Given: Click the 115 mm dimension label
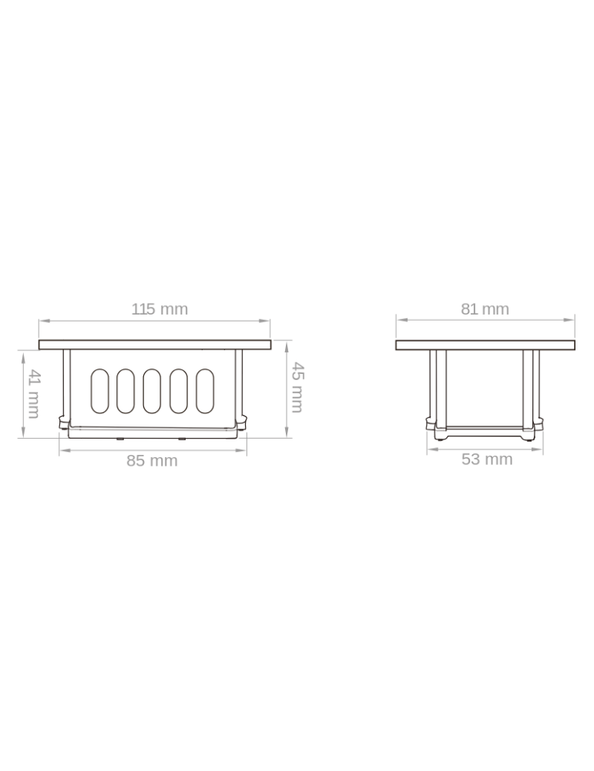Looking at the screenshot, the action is [x=159, y=309].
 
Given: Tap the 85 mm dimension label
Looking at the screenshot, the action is [x=152, y=461].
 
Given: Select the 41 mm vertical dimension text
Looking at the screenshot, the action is [x=33, y=394].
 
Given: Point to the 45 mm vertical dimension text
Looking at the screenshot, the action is [x=297, y=387].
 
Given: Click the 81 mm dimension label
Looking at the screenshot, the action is [x=485, y=309].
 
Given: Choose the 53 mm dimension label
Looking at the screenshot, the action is [x=487, y=460].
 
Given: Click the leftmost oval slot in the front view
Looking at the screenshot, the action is [x=99, y=391].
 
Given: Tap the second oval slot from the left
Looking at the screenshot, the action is [x=126, y=391].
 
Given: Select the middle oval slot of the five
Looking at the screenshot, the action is [x=152, y=391].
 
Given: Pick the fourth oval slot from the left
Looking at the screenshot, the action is [x=178, y=391].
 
